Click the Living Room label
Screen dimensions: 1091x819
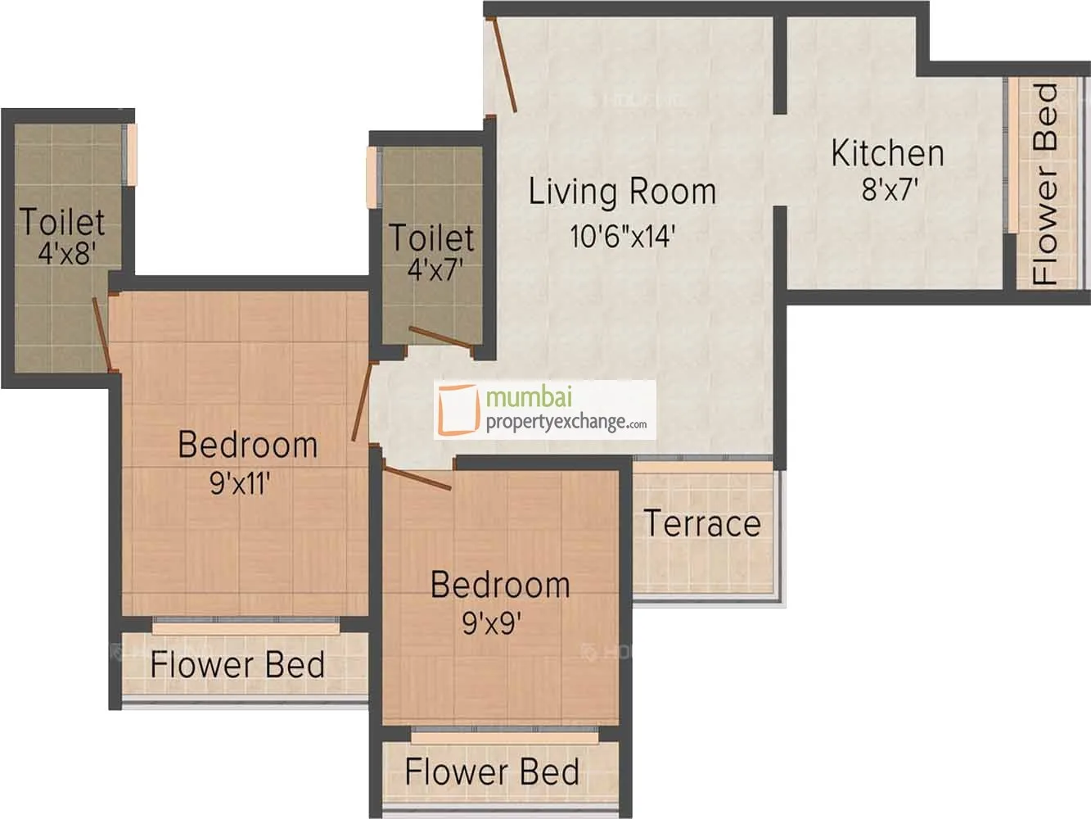pos(622,192)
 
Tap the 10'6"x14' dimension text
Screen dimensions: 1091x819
pos(622,236)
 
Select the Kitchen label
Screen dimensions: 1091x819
pos(888,153)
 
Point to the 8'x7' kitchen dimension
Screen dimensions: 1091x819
pos(890,189)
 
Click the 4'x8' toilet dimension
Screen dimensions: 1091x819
pos(66,252)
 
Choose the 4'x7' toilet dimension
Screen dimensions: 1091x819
pos(435,269)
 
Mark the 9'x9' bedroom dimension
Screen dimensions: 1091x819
pos(492,622)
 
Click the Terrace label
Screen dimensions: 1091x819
pos(702,523)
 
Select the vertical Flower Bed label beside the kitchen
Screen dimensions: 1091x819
pos(1044,184)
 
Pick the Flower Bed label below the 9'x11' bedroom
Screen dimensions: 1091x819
pos(237,664)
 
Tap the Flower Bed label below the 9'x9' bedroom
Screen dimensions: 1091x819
pos(492,771)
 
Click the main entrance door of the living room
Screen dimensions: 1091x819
pos(503,65)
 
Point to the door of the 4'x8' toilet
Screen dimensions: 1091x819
pos(101,334)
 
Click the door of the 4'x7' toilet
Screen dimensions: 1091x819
pos(440,337)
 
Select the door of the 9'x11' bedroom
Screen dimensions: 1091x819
pos(362,402)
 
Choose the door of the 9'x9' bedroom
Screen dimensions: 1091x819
pos(417,478)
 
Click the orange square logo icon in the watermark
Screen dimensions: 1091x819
pos(458,409)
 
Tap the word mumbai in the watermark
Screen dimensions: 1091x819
pos(529,398)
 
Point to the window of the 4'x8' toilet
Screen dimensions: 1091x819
pos(132,155)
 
